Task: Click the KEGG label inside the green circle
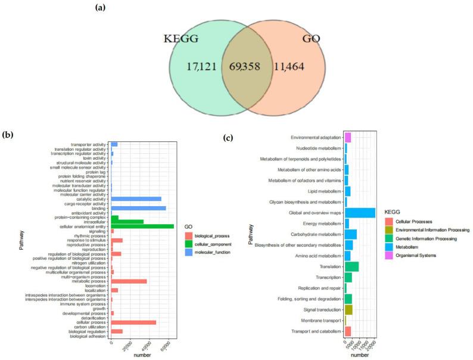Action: [x=182, y=39]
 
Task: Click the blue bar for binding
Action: [x=138, y=208]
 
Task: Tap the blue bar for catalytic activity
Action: [x=136, y=198]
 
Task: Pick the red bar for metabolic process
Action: [x=129, y=281]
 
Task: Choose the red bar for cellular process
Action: [x=133, y=322]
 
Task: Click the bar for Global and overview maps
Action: [x=360, y=213]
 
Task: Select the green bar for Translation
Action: [x=351, y=266]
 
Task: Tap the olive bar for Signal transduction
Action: [x=348, y=309]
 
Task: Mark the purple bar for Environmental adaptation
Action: [x=348, y=138]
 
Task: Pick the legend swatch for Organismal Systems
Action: [x=389, y=255]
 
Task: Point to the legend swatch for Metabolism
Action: [x=389, y=246]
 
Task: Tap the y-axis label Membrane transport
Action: [x=319, y=321]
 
